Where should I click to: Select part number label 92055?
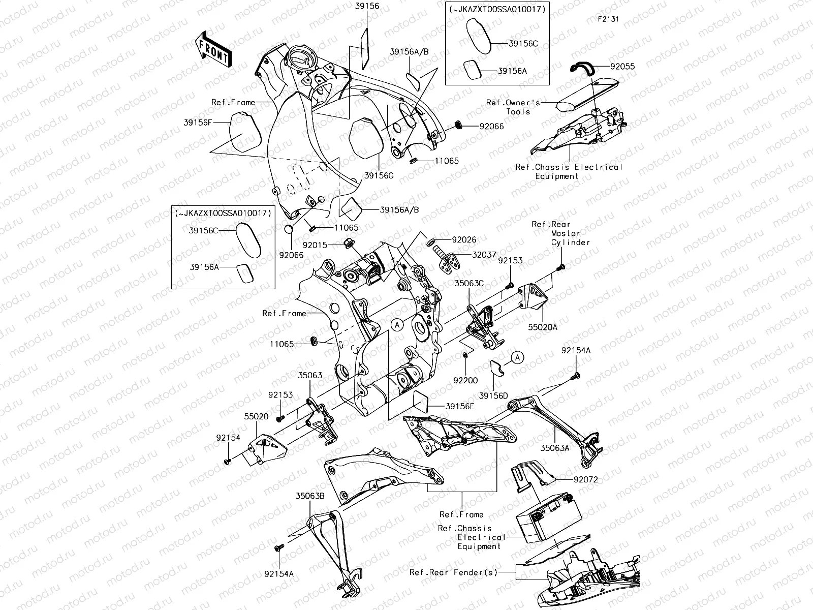(x=622, y=66)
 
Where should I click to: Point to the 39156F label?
(x=198, y=123)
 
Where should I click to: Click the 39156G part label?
(x=379, y=175)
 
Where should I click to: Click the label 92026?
(x=464, y=239)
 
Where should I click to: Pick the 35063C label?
(x=469, y=284)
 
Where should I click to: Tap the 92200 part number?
(x=465, y=380)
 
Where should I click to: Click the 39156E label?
(x=460, y=406)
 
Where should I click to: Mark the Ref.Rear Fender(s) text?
(x=453, y=572)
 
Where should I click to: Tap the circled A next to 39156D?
(x=517, y=358)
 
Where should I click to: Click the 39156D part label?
(x=493, y=395)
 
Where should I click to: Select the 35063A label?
(x=555, y=448)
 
